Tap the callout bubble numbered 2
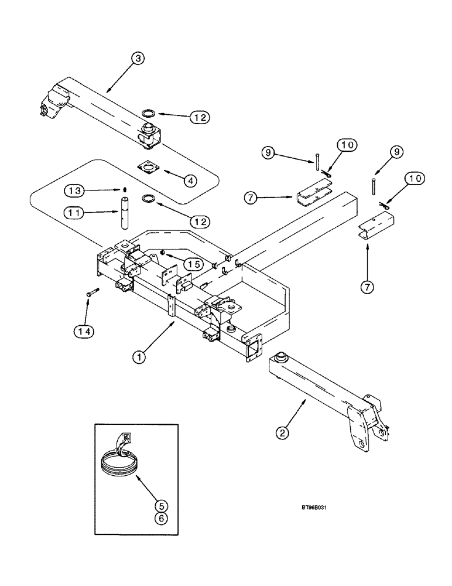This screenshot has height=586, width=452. [285, 434]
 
